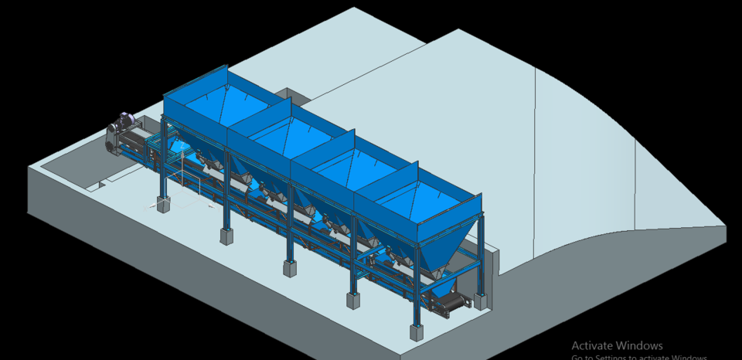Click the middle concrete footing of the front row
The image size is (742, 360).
[x=290, y=269]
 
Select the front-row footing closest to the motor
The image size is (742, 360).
[x=164, y=204]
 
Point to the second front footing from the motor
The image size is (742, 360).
[x=226, y=235]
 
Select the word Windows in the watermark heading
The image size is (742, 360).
[x=640, y=345]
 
